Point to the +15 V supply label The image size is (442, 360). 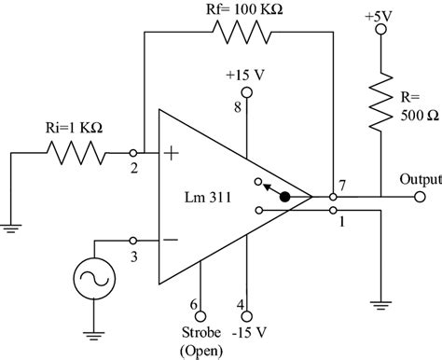(246, 73)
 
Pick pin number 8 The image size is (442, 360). (237, 109)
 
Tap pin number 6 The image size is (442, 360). (192, 305)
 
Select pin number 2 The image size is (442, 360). (135, 169)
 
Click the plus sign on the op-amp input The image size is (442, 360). (171, 153)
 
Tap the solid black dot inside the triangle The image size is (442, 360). (284, 197)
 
